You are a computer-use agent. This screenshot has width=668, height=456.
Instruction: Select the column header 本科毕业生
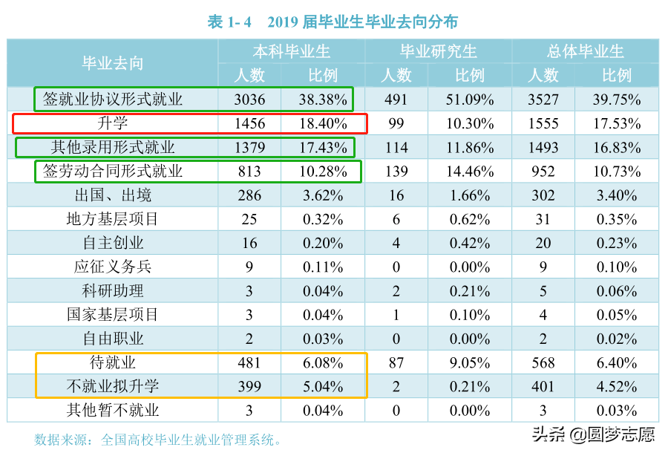click(x=291, y=51)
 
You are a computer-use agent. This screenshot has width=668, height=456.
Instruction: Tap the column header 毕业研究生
click(x=438, y=51)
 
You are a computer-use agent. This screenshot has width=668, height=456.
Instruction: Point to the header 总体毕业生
click(x=585, y=51)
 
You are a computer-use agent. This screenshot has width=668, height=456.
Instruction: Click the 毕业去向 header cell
click(x=112, y=63)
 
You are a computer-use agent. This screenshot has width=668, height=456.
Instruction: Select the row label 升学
click(x=112, y=123)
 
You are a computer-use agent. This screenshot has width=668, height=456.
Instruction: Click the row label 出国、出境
click(x=112, y=195)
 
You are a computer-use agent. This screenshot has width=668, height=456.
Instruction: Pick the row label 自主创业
click(x=112, y=243)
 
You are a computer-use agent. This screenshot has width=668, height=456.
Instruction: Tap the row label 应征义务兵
click(x=112, y=267)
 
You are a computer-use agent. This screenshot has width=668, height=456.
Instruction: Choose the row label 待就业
click(x=112, y=362)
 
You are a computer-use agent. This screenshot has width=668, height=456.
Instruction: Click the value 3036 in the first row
click(x=249, y=100)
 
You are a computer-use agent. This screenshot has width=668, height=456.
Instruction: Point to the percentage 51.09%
click(x=469, y=100)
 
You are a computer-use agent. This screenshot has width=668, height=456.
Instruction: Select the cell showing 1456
click(x=249, y=123)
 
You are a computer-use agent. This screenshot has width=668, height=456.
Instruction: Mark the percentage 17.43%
click(x=323, y=148)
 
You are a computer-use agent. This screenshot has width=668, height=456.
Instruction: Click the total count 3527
click(x=543, y=100)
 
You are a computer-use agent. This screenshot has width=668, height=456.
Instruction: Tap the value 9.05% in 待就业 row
click(x=469, y=362)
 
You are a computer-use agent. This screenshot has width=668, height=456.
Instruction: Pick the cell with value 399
click(x=249, y=386)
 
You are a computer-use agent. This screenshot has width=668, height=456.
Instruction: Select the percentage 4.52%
click(x=616, y=386)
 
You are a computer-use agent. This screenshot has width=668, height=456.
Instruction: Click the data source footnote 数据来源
click(x=158, y=440)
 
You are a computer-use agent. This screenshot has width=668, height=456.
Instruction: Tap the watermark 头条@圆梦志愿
click(x=593, y=434)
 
